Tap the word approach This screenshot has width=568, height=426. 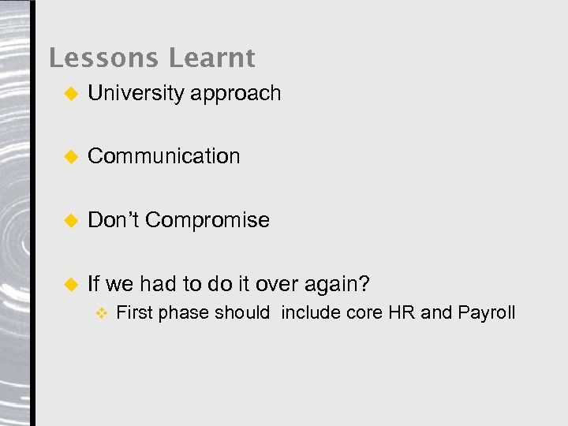click(x=236, y=94)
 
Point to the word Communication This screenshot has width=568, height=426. click(x=164, y=156)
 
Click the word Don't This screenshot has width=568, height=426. click(x=114, y=220)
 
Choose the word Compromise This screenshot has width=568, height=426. click(x=207, y=220)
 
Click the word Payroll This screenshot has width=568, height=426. click(x=486, y=312)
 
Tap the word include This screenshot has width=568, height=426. click(x=312, y=312)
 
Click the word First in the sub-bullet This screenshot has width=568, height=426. click(x=134, y=312)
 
